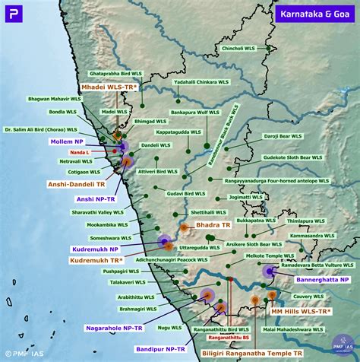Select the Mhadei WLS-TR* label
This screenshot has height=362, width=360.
tap(109, 87)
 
